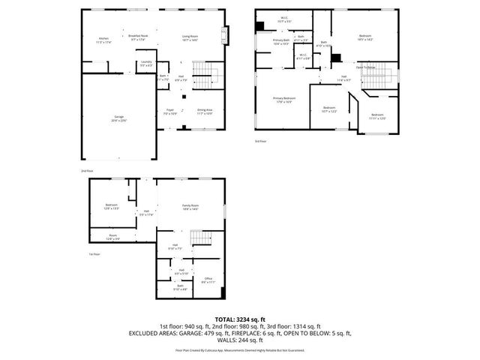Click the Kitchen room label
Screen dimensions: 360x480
coord(103,40)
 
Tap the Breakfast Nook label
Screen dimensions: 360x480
coord(136,37)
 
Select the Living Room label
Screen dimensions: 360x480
coord(190,37)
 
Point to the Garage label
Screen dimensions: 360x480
coord(118,117)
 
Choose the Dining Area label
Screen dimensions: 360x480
coord(205,112)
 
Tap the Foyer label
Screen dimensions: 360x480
coord(170,112)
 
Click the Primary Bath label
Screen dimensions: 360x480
coord(280,42)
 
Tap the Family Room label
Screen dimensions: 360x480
coord(190,207)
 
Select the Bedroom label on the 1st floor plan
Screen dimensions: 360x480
coord(111,206)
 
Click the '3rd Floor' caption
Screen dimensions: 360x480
coord(260,140)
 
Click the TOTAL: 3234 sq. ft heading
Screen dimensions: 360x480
coord(239,319)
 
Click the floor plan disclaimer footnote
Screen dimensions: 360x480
coord(239,349)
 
